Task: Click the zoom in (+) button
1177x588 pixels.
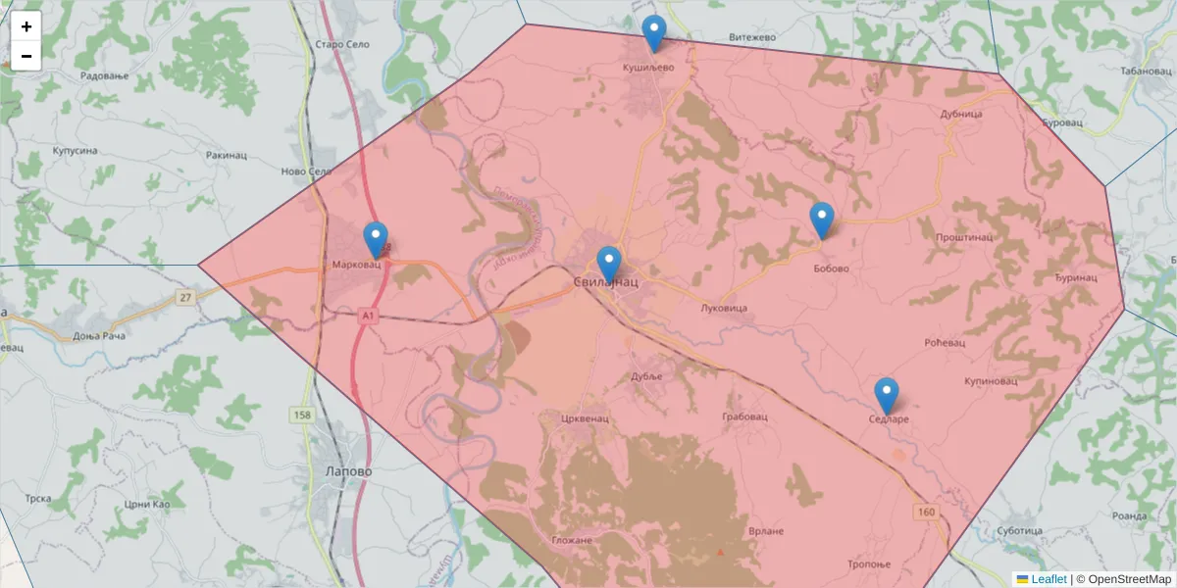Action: coord(26,26)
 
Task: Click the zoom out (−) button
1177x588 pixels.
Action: coord(26,56)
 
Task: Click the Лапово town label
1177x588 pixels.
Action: coord(348,470)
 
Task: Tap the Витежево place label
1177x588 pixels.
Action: coord(752,37)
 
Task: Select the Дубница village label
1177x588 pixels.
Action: coord(961,114)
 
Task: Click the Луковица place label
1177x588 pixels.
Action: coord(725,308)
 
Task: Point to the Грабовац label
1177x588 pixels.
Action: coord(743,416)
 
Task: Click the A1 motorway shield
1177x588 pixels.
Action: coord(368,316)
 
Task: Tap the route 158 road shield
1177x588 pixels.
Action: coord(302,416)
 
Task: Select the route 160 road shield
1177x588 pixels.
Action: coord(927,512)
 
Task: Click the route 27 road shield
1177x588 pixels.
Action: coord(184,297)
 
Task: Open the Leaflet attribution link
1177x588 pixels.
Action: coord(1049,579)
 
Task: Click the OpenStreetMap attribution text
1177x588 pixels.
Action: coord(1129,579)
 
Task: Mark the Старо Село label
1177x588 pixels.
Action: coord(341,45)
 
